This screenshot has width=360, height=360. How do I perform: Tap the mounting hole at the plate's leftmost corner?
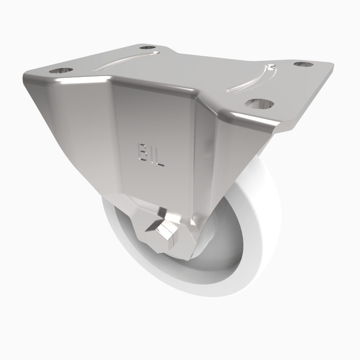[61, 71]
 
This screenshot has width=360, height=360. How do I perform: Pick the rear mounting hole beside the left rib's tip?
[147, 48]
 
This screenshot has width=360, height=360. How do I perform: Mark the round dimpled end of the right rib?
[270, 68]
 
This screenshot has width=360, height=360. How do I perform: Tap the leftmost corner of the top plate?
[26, 79]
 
